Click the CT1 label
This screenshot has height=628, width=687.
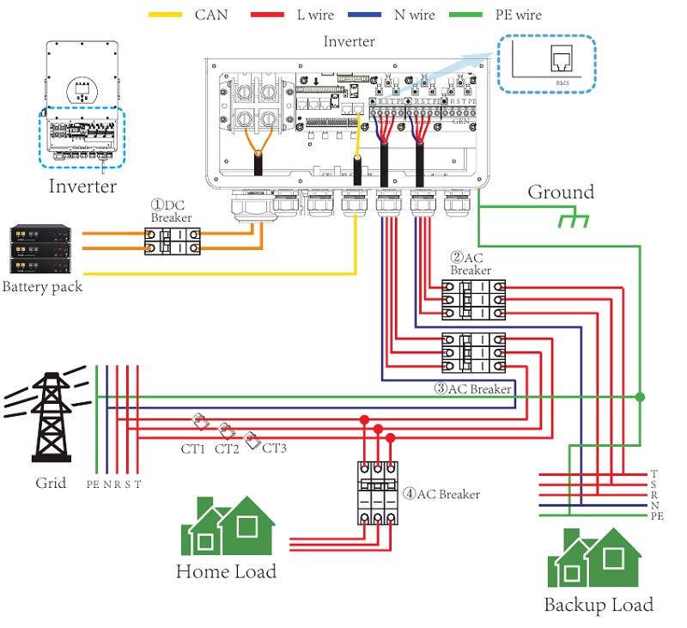point(192,448)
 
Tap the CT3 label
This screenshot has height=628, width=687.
point(274,448)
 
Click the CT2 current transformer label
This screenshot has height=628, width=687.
point(227,448)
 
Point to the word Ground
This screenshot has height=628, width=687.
point(560,192)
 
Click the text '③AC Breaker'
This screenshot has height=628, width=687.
point(472,388)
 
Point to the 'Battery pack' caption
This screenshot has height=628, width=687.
point(43,287)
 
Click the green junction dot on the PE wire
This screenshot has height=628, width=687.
point(639,397)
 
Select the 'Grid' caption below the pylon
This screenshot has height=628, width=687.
point(51,483)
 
